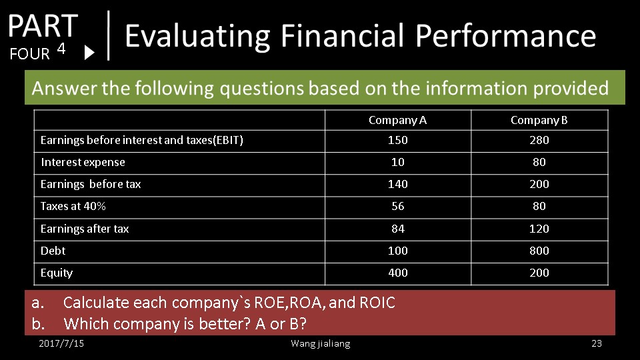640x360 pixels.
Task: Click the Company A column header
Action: (x=397, y=120)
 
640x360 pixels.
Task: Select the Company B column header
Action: (x=539, y=120)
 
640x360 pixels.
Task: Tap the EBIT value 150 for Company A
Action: (x=397, y=140)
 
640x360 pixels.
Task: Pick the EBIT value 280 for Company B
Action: (x=539, y=140)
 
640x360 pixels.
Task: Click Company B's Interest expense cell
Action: (x=539, y=162)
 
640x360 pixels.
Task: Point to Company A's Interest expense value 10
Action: (x=397, y=162)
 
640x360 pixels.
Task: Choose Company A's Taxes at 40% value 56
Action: (x=397, y=206)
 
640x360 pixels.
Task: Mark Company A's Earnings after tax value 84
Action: (x=397, y=229)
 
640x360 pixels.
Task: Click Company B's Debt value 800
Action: (x=539, y=251)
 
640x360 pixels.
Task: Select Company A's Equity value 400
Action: (x=397, y=273)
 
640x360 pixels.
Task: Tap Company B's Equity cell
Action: (x=539, y=273)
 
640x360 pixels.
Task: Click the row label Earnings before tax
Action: (x=91, y=184)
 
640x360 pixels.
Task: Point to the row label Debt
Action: (x=53, y=251)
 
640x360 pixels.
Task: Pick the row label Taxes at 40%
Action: (x=73, y=206)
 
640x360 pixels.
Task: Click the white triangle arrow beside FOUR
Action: (x=89, y=53)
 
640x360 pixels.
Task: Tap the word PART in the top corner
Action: (x=43, y=26)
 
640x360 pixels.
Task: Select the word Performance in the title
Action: (x=506, y=35)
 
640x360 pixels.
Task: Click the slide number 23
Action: (x=596, y=343)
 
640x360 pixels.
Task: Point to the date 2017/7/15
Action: (x=61, y=343)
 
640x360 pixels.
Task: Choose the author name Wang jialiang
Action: (x=321, y=344)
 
